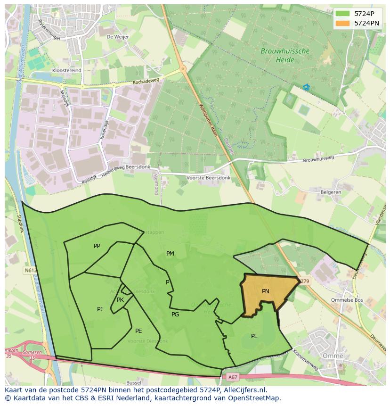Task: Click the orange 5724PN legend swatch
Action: [342, 23]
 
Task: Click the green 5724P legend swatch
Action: [342, 14]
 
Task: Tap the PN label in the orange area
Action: [266, 291]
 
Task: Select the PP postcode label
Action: [97, 246]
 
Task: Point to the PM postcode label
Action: [170, 254]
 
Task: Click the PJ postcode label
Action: [100, 309]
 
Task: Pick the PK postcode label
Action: [120, 300]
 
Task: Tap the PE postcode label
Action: [138, 331]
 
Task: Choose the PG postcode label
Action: [175, 315]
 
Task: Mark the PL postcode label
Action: [254, 336]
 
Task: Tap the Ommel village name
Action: [333, 356]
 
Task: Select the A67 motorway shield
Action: [233, 377]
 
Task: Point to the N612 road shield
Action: [30, 271]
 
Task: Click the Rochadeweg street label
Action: [146, 81]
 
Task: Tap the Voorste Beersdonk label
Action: [209, 178]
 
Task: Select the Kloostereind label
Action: [67, 70]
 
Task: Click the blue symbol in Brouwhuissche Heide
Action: [307, 87]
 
